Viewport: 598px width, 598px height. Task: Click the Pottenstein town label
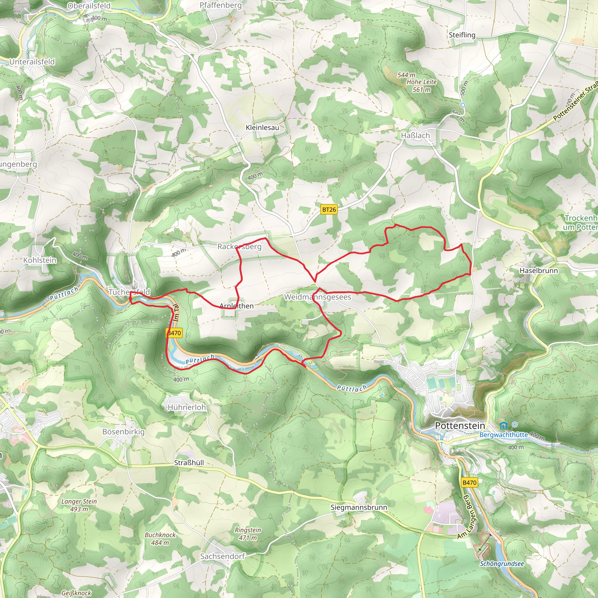coord(460,426)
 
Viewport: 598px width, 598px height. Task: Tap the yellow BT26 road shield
coord(329,210)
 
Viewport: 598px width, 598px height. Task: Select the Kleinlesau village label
coord(262,128)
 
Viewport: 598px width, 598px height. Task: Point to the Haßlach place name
coord(415,135)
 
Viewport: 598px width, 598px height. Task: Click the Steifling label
coord(462,35)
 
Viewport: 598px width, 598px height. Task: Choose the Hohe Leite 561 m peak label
coord(421,86)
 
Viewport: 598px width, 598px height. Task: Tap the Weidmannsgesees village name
coord(318,297)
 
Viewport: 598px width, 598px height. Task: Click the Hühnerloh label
coord(187,407)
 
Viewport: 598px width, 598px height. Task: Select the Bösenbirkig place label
coord(124,432)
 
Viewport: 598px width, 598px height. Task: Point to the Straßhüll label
coord(189,463)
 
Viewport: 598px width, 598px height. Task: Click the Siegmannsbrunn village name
coord(359,507)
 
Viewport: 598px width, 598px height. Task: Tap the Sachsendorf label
coord(222,556)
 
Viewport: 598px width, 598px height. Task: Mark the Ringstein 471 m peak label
coord(248,534)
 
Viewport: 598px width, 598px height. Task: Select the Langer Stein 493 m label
coord(79,505)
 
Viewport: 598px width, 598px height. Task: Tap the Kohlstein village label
coord(40,260)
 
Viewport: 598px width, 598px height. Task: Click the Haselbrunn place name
coord(538,270)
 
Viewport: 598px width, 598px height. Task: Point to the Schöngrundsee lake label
coord(502,564)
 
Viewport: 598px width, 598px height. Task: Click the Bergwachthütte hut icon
coord(504,426)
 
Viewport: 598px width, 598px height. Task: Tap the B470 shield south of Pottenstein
coord(469,482)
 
